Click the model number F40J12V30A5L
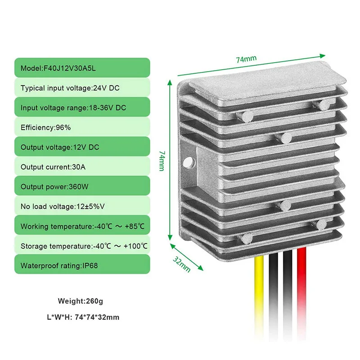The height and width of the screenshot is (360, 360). (70, 68)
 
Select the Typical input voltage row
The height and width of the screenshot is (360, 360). (82, 88)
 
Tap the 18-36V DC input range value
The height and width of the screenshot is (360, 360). (108, 108)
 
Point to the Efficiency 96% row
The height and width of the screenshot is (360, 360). (82, 127)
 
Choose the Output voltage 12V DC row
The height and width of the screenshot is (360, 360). (82, 147)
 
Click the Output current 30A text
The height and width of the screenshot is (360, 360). (53, 167)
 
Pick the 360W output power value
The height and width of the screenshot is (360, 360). (78, 187)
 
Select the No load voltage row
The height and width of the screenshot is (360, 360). (82, 206)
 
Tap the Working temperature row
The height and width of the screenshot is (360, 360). (82, 226)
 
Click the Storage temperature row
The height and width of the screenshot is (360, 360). (82, 246)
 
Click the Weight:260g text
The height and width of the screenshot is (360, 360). (81, 301)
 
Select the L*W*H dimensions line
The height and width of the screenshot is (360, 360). (83, 317)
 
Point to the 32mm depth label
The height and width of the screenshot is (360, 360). (182, 264)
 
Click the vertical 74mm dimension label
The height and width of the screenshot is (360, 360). (162, 161)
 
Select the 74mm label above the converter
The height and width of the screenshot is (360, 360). (246, 59)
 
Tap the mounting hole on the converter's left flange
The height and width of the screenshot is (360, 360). (189, 162)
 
